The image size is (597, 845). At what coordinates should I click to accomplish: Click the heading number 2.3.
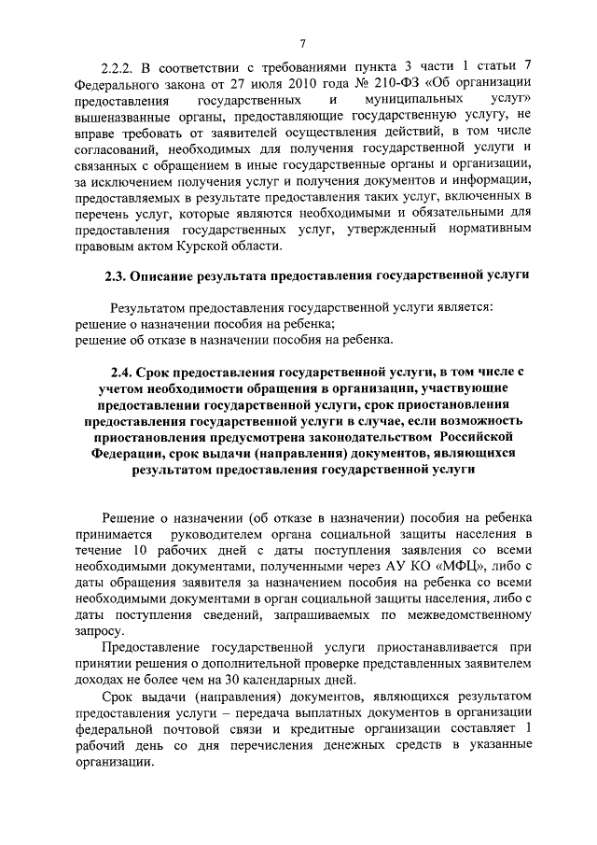pyautogui.click(x=115, y=277)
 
